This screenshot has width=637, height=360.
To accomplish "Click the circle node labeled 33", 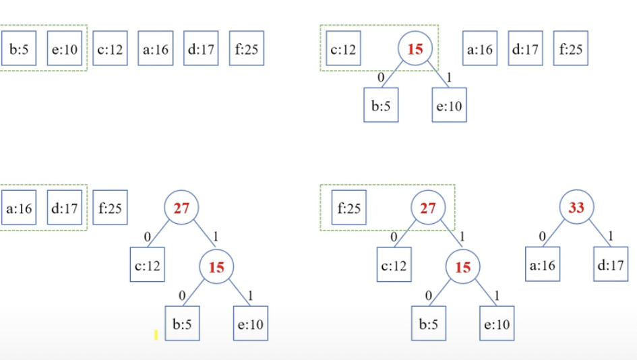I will coord(576,208).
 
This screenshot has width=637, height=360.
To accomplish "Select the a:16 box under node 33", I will coord(543,266).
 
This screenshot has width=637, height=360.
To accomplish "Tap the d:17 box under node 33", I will coord(611,266).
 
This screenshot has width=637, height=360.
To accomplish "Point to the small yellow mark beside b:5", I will coord(156,334).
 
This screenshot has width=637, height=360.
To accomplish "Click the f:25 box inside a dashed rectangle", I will coord(349,208).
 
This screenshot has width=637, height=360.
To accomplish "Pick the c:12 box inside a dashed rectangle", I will coord(343,49).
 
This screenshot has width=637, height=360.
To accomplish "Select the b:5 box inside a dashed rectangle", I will coord(19,49).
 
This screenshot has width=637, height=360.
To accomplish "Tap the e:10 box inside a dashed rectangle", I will coord(65,49).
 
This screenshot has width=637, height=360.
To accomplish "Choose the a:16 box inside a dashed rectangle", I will coord(19,208).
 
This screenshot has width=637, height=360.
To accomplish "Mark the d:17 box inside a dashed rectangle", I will coord(65,208).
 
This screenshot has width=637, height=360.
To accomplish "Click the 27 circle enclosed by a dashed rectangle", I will coord(428,208).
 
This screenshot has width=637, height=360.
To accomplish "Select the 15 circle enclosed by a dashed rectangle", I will coord(415,49).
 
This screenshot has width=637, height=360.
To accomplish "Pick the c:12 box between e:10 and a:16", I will coord(111,49).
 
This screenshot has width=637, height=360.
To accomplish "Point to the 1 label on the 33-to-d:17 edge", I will coord(611,237).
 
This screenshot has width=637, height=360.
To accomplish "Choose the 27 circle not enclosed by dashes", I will coord(181,208).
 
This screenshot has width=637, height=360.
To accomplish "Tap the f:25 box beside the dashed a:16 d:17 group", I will coord(111,208).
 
